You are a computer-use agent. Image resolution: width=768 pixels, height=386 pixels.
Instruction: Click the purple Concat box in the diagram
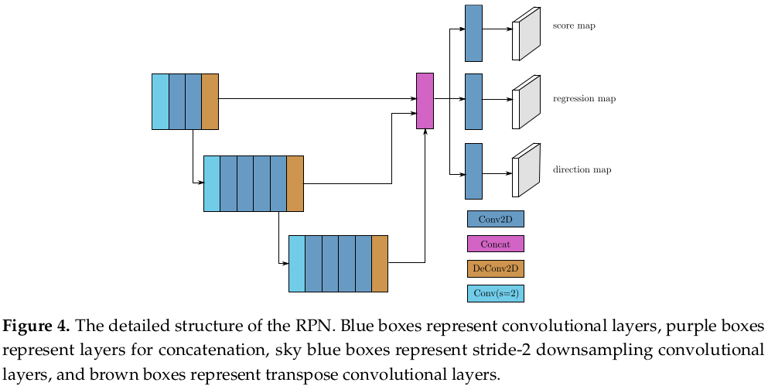[425, 101]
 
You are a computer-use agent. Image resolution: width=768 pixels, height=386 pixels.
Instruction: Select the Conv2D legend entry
[495, 219]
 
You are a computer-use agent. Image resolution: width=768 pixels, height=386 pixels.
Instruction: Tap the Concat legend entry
[495, 244]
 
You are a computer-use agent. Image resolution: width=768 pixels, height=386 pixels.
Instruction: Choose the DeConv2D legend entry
[495, 268]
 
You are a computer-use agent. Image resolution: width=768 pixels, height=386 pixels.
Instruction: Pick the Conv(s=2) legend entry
[495, 293]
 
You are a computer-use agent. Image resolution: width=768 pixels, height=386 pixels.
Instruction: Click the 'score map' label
[574, 26]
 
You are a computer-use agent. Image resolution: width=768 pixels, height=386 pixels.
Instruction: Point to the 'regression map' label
[584, 99]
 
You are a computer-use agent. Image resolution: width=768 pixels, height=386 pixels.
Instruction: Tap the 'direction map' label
[582, 169]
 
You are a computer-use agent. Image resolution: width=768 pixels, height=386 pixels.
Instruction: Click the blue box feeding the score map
[473, 33]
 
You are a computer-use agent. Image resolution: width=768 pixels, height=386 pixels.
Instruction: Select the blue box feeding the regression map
[473, 101]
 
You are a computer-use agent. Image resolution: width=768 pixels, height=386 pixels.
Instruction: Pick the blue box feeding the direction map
[473, 171]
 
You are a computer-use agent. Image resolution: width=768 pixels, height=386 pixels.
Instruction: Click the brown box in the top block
[210, 101]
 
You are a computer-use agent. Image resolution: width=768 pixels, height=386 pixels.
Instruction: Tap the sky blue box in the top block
[160, 101]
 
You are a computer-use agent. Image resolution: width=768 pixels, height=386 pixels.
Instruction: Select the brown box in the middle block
[295, 183]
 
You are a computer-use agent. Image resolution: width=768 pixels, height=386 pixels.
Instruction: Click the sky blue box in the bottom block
[296, 264]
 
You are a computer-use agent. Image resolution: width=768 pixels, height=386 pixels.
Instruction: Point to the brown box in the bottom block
[379, 264]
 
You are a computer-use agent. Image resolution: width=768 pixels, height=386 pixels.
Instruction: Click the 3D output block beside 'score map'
[526, 34]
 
